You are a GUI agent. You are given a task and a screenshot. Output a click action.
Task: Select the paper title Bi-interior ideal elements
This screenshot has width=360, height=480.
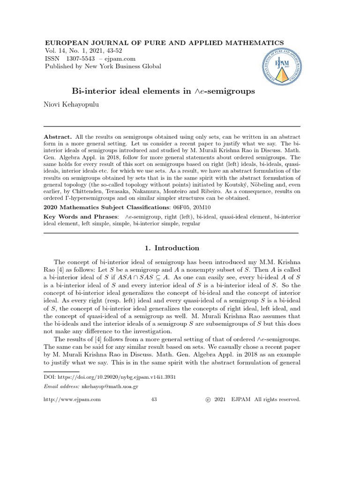(x=163, y=91)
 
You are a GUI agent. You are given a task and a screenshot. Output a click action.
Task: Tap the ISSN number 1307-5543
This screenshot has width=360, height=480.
(x=79, y=59)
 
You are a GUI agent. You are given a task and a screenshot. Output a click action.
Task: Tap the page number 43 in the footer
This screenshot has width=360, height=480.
(x=154, y=399)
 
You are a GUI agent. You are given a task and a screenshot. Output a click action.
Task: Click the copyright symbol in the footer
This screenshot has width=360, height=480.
(x=208, y=399)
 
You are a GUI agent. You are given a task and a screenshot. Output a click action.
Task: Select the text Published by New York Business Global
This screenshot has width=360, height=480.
(x=103, y=67)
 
